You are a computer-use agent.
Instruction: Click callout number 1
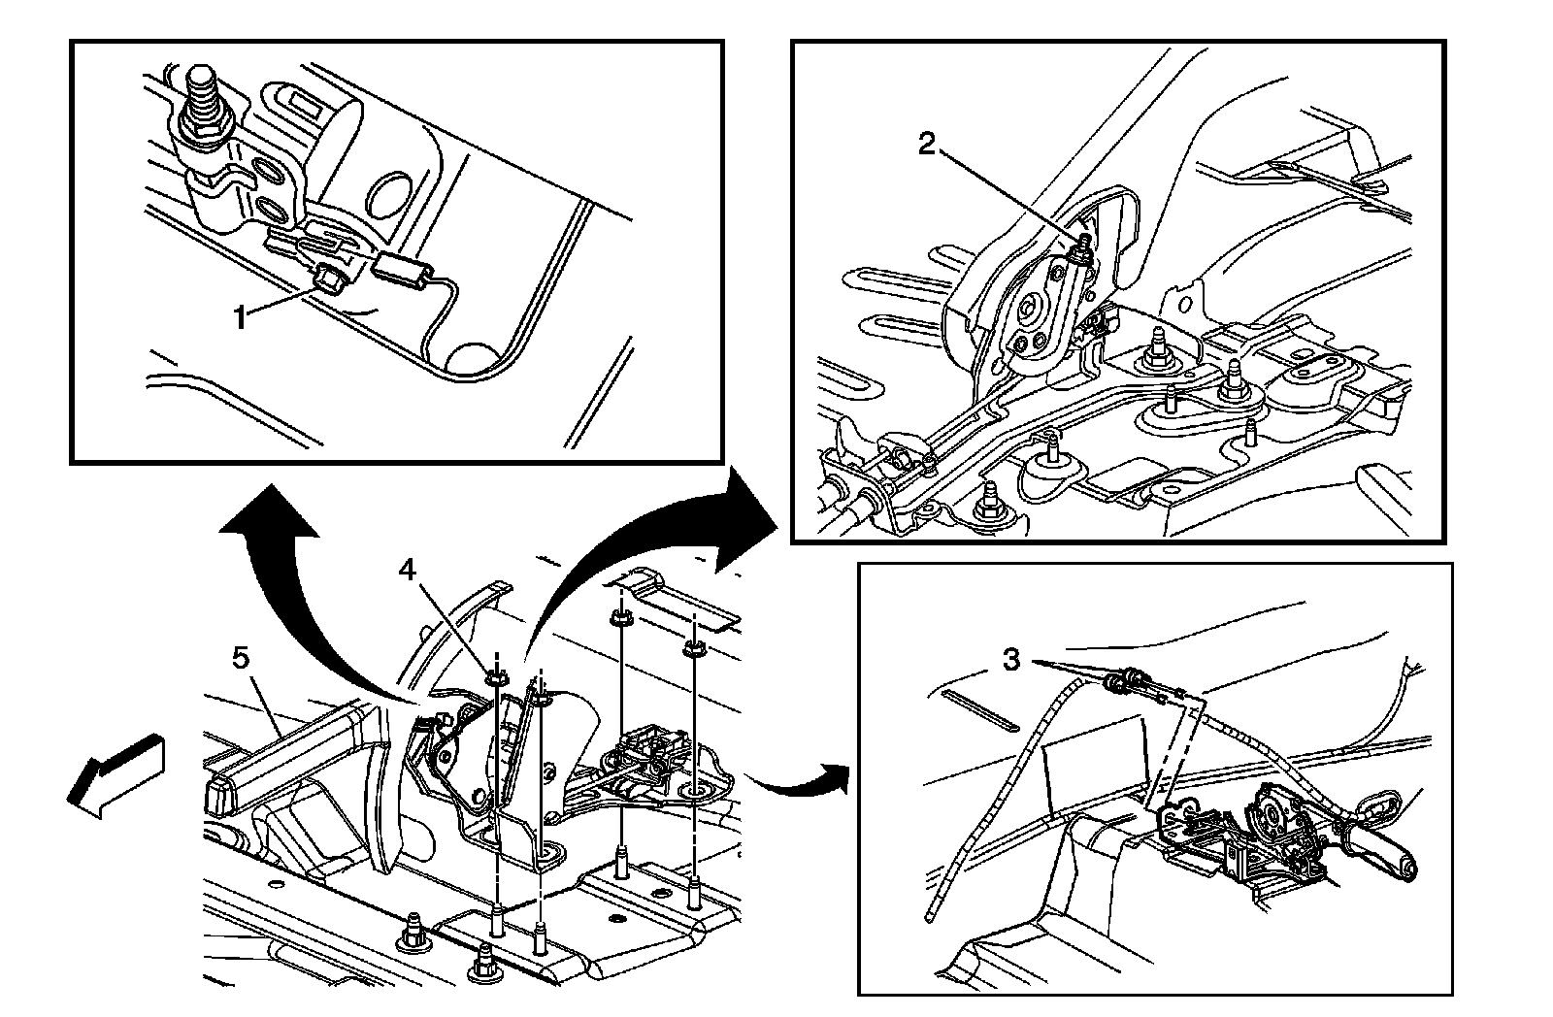[240, 316]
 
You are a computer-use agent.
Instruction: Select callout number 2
[928, 145]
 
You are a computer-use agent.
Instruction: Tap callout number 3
[1011, 661]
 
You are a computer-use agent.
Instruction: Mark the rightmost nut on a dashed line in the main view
[695, 647]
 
